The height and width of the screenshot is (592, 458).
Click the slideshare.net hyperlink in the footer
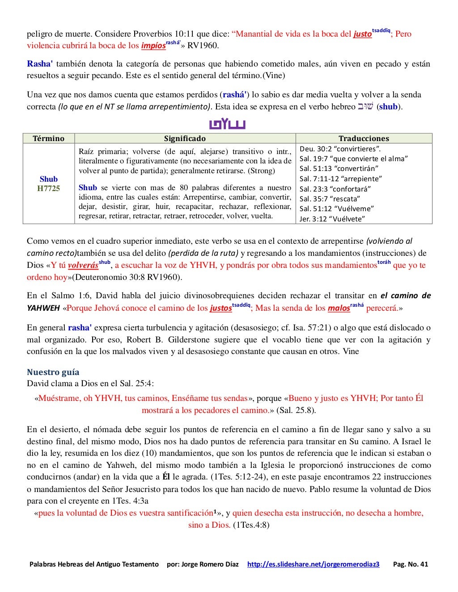313,564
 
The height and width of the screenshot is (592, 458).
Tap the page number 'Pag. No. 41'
410,564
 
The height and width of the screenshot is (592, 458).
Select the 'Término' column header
48,138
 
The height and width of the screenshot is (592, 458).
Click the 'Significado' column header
185,138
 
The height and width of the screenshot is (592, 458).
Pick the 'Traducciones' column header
364,138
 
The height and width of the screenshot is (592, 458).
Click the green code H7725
48,188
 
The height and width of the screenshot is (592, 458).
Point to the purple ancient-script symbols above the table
227,124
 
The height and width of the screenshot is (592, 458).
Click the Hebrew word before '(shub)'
365,107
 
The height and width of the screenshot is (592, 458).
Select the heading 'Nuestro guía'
53,372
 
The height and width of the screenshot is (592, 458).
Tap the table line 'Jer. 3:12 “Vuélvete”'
332,219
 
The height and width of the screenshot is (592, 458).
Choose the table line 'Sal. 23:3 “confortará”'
335,189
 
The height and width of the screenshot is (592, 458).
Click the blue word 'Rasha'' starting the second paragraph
40,64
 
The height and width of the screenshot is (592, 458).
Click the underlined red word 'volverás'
83,266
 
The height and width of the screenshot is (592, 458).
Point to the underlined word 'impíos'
153,46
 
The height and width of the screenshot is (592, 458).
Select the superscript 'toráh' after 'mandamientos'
384,263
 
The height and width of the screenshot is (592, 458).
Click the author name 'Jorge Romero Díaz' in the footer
210,564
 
